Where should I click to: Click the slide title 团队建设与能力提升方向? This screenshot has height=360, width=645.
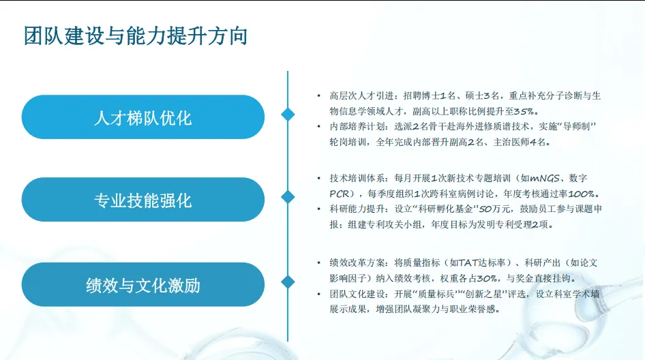135,35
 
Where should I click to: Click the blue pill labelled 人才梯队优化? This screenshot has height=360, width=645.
142,117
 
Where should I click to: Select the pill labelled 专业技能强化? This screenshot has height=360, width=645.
142,200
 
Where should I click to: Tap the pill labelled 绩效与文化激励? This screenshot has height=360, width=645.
142,285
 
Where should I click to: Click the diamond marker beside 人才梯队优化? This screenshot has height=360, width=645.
288,115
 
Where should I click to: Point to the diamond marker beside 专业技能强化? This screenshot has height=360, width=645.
288,197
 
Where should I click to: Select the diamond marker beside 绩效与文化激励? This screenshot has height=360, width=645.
288,282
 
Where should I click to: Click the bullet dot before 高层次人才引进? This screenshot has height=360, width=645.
318,96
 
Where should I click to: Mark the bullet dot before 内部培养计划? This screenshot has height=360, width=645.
318,126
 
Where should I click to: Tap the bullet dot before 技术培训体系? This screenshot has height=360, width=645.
318,178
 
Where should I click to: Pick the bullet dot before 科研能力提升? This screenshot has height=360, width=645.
318,209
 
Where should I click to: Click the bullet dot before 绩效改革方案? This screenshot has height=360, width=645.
318,262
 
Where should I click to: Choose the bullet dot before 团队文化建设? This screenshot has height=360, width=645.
318,293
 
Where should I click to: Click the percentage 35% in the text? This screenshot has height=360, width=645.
525,112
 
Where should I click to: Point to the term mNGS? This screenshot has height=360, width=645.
545,179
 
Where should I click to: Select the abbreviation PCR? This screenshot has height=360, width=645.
340,194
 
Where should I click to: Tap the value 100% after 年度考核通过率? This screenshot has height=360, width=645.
582,194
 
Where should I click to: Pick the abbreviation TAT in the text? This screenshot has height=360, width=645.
468,263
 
